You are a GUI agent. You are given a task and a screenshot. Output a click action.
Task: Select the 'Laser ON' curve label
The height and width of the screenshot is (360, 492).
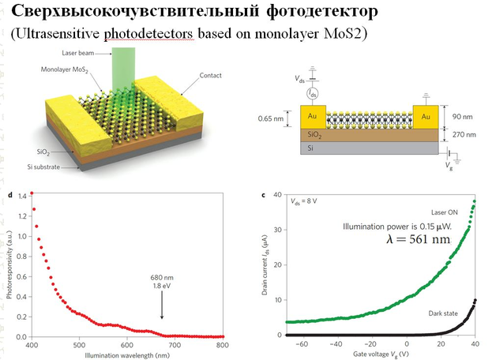[x=446, y=212]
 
